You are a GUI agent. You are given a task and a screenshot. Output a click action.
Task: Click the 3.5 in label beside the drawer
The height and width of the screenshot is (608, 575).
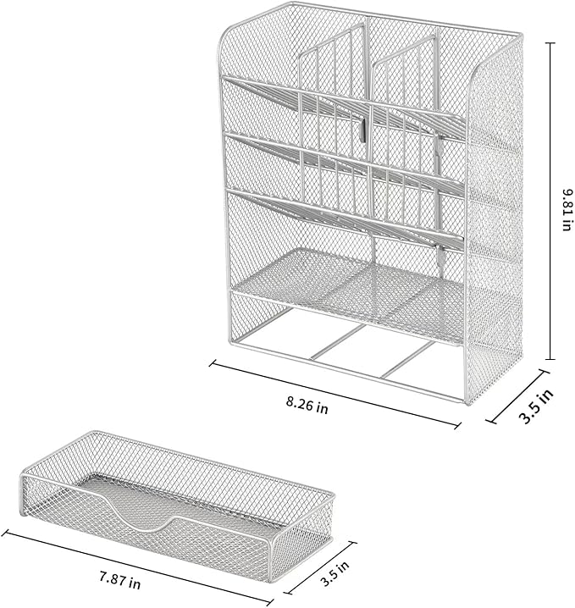point(330,578)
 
